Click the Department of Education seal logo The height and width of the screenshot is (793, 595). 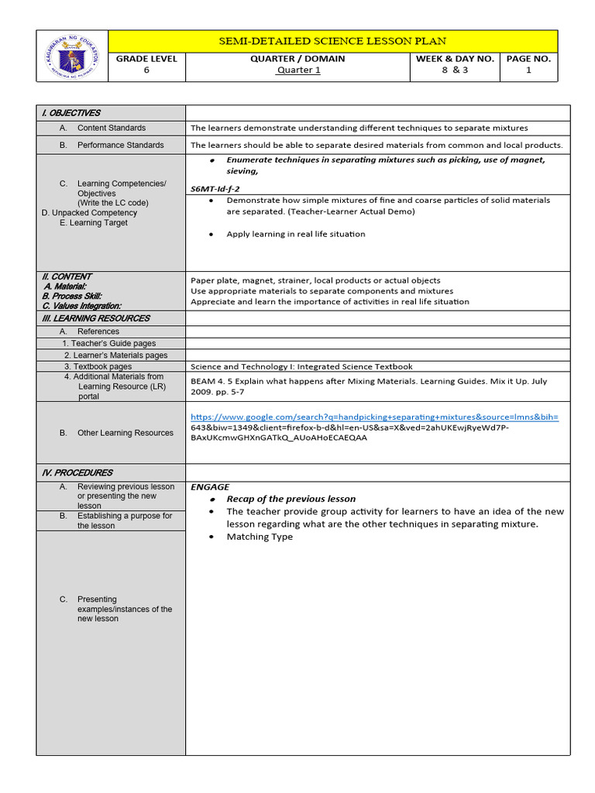72,55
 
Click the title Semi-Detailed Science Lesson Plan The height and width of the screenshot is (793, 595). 332,41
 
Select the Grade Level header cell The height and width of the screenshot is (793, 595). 146,59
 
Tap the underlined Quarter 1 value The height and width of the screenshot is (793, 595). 298,70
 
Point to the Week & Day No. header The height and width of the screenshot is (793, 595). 454,59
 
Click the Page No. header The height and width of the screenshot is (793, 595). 528,59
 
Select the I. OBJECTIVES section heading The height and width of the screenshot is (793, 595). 71,113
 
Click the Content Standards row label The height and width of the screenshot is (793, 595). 111,128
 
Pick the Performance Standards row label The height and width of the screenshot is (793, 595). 120,145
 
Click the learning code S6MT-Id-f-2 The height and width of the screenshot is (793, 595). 215,188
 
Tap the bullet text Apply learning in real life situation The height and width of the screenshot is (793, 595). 295,234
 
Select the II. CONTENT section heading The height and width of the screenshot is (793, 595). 67,276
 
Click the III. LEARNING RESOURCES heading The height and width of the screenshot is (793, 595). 95,318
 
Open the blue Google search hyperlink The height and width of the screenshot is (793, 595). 374,417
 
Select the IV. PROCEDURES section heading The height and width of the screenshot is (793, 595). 77,472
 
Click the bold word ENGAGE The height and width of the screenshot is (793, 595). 210,487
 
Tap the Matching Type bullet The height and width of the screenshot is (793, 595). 260,537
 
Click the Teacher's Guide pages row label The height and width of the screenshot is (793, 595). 113,343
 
